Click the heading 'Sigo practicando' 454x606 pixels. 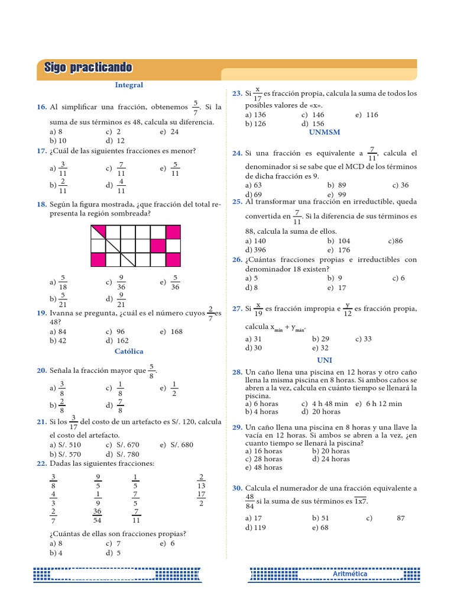pos(88,67)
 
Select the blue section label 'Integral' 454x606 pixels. pos(129,85)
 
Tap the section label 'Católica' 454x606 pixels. pos(129,351)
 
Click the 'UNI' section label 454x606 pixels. pos(325,360)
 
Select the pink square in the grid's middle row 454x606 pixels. pos(158,245)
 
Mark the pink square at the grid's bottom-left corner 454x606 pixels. pos(98,260)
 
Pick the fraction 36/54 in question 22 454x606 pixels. pos(98,516)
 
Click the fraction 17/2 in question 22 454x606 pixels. pos(202,499)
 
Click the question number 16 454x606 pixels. pos(41,107)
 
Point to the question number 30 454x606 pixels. pos(237,488)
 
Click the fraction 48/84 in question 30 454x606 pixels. pos(249,501)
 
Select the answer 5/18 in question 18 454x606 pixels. pos(63,283)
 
